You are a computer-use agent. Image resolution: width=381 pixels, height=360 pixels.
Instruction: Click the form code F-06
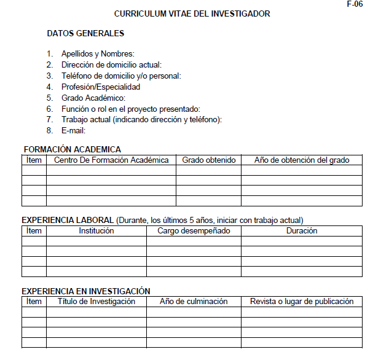pyautogui.click(x=355, y=4)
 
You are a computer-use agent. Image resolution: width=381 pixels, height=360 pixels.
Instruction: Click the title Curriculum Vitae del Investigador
pyautogui.click(x=192, y=14)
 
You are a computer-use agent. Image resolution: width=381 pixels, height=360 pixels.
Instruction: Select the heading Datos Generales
pyautogui.click(x=85, y=34)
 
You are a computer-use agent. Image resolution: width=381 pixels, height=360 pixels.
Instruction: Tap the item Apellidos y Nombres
pyautogui.click(x=98, y=54)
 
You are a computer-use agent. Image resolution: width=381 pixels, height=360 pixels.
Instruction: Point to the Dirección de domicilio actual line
pyautogui.click(x=111, y=65)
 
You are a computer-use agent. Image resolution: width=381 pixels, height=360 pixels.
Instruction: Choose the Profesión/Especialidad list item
pyautogui.click(x=101, y=87)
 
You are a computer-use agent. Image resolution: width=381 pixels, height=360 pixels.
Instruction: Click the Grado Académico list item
pyautogui.click(x=93, y=98)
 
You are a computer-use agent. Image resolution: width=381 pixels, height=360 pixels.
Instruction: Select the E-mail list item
pyautogui.click(x=73, y=131)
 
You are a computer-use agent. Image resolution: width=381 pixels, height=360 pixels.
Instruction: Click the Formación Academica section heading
pyautogui.click(x=72, y=149)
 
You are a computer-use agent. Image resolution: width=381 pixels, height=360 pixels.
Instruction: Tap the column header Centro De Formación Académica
pyautogui.click(x=111, y=160)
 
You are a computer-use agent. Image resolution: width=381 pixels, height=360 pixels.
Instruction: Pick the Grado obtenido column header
pyautogui.click(x=209, y=160)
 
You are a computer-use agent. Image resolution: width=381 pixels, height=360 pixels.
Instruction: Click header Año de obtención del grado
pyautogui.click(x=302, y=160)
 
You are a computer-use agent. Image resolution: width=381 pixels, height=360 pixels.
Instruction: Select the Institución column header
pyautogui.click(x=96, y=231)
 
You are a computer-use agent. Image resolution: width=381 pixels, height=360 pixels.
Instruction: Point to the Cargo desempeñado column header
pyautogui.click(x=194, y=231)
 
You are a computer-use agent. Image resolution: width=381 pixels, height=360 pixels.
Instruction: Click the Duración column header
pyautogui.click(x=302, y=231)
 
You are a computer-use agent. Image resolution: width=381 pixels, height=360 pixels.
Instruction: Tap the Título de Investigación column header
pyautogui.click(x=96, y=302)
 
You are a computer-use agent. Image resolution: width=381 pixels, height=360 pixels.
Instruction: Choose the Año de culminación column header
pyautogui.click(x=194, y=302)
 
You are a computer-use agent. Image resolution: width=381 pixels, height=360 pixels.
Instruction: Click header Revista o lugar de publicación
pyautogui.click(x=302, y=302)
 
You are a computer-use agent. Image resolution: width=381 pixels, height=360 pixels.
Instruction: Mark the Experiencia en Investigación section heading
pyautogui.click(x=86, y=291)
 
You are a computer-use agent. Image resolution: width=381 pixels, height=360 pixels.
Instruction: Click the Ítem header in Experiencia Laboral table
pyautogui.click(x=34, y=231)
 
